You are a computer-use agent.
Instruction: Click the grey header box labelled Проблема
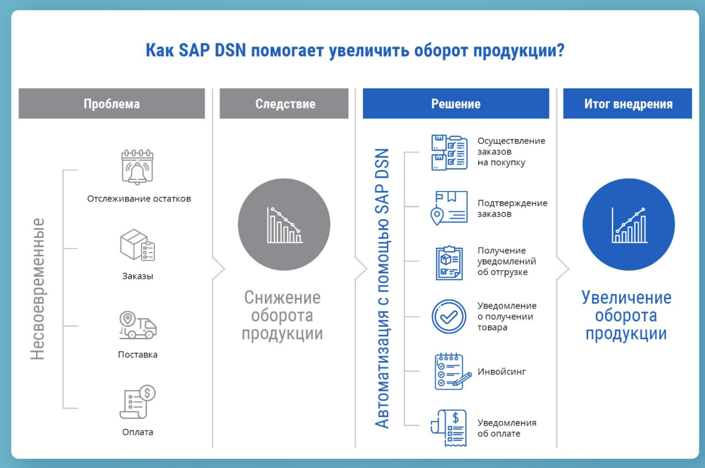pyautogui.click(x=112, y=104)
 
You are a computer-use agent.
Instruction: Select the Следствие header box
pyautogui.click(x=284, y=104)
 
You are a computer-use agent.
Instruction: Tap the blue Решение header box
pyautogui.click(x=456, y=104)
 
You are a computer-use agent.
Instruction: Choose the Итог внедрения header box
pyautogui.click(x=628, y=104)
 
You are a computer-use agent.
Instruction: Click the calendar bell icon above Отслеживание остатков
pyautogui.click(x=138, y=167)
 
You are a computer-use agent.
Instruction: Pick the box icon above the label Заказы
pyautogui.click(x=138, y=245)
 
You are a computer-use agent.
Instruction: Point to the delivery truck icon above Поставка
pyautogui.click(x=138, y=325)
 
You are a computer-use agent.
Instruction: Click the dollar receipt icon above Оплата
pyautogui.click(x=138, y=402)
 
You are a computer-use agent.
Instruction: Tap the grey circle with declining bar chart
pyautogui.click(x=284, y=225)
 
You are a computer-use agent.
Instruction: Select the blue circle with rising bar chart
pyautogui.click(x=629, y=225)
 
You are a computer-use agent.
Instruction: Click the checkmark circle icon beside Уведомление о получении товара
pyautogui.click(x=449, y=316)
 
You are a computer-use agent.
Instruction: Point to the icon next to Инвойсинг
pyautogui.click(x=452, y=371)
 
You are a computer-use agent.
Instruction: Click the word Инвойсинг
pyautogui.click(x=502, y=371)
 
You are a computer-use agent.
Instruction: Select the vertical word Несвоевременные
pyautogui.click(x=38, y=289)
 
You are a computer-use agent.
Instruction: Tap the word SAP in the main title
pyautogui.click(x=194, y=50)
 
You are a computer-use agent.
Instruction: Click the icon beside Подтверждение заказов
pyautogui.click(x=449, y=208)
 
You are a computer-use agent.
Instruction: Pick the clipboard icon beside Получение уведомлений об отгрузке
pyautogui.click(x=449, y=263)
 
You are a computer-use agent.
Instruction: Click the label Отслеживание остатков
pyautogui.click(x=139, y=199)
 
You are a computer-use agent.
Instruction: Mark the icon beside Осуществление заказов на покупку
pyautogui.click(x=449, y=153)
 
